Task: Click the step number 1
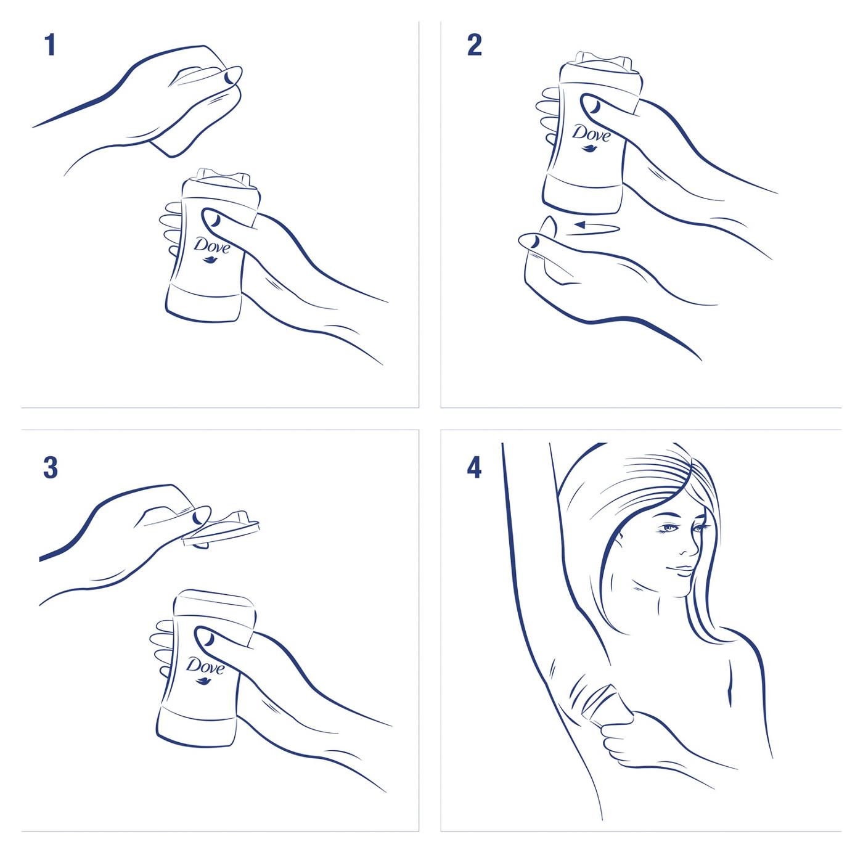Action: point(50,46)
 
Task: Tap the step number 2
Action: point(474,46)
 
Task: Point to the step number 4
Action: point(473,468)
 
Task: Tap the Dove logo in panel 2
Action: point(591,133)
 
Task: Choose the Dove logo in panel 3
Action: point(205,666)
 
